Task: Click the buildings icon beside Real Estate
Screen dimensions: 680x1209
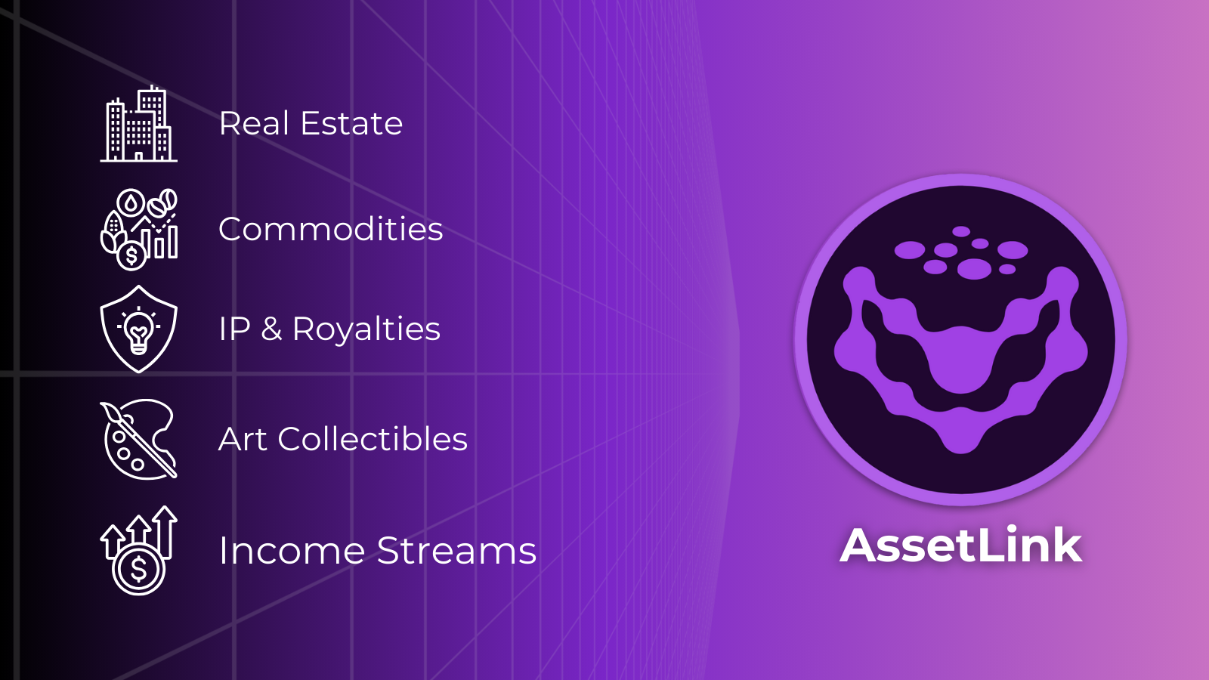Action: point(139,125)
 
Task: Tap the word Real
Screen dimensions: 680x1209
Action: point(255,123)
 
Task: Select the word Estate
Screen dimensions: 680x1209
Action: point(351,123)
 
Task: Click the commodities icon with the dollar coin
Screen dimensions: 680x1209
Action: point(139,229)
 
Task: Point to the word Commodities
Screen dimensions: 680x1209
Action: point(330,229)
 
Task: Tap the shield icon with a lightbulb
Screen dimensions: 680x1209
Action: point(139,329)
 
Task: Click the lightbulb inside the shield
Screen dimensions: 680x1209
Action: point(139,329)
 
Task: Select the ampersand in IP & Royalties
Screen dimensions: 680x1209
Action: point(271,329)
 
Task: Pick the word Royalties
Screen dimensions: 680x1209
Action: point(366,329)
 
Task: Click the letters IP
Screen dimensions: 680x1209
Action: point(234,329)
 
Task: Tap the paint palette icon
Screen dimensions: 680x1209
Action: point(139,439)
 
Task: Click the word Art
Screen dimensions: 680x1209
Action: point(243,439)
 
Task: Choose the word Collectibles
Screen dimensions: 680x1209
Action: point(373,439)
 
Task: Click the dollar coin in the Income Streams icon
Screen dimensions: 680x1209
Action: point(138,568)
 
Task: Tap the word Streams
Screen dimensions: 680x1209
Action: point(456,551)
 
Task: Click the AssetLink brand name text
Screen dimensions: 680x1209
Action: point(961,545)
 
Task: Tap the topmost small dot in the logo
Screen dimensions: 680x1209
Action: point(961,231)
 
